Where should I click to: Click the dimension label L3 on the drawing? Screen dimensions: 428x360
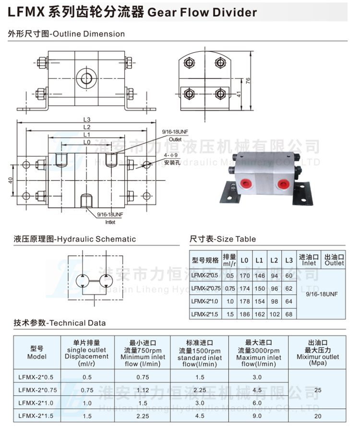[87, 120]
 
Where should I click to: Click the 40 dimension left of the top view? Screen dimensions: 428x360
[10, 180]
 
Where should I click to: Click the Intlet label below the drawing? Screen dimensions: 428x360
[110, 222]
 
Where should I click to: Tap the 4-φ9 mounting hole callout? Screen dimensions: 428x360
[170, 155]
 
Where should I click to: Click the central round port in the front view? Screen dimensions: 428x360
[87, 76]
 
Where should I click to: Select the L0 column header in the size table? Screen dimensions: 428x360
[245, 261]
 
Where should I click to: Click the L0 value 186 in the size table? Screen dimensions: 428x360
[245, 314]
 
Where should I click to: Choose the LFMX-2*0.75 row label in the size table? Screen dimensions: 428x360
[205, 288]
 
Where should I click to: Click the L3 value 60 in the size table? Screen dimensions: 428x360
[288, 275]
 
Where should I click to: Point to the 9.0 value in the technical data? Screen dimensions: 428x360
[258, 416]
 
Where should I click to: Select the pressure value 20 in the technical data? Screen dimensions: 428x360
[318, 416]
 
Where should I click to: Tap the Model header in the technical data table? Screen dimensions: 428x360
[37, 357]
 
